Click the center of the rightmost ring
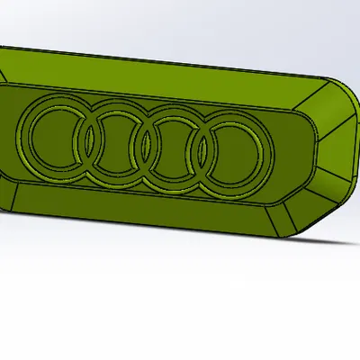(x=230, y=157)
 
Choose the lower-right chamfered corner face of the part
(x=310, y=213)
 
